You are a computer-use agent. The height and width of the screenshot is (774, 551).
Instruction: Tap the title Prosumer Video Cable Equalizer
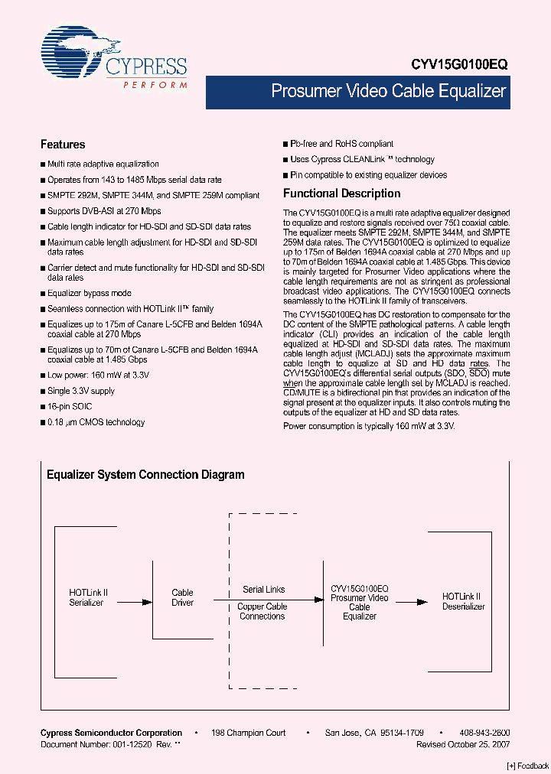[389, 92]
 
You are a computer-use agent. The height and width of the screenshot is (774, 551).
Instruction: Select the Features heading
[63, 145]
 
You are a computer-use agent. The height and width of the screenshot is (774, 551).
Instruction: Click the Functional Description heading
[341, 193]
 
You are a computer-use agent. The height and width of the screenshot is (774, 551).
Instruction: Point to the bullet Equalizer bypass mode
[89, 293]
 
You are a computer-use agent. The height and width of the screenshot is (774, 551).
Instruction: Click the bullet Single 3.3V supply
[80, 391]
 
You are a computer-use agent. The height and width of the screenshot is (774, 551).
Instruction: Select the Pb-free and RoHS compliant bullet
[341, 144]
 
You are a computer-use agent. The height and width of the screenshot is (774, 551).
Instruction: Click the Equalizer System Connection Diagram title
[145, 475]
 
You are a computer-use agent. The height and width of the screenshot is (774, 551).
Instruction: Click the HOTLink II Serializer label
[88, 597]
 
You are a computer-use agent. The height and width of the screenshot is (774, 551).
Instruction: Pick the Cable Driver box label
[182, 597]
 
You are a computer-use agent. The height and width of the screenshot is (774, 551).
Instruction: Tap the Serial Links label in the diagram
[264, 590]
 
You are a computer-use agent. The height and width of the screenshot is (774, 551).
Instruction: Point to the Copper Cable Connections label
[262, 611]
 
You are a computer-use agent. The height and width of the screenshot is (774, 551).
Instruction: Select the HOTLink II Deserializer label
[463, 601]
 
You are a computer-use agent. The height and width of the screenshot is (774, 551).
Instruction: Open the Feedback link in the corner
[528, 766]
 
